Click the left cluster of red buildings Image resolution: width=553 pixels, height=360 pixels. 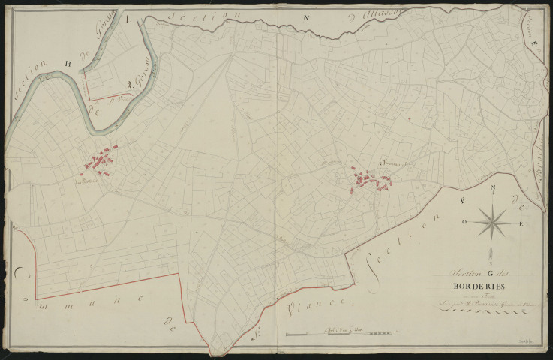tap(100, 161)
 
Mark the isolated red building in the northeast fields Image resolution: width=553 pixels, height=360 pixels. tap(410, 118)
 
